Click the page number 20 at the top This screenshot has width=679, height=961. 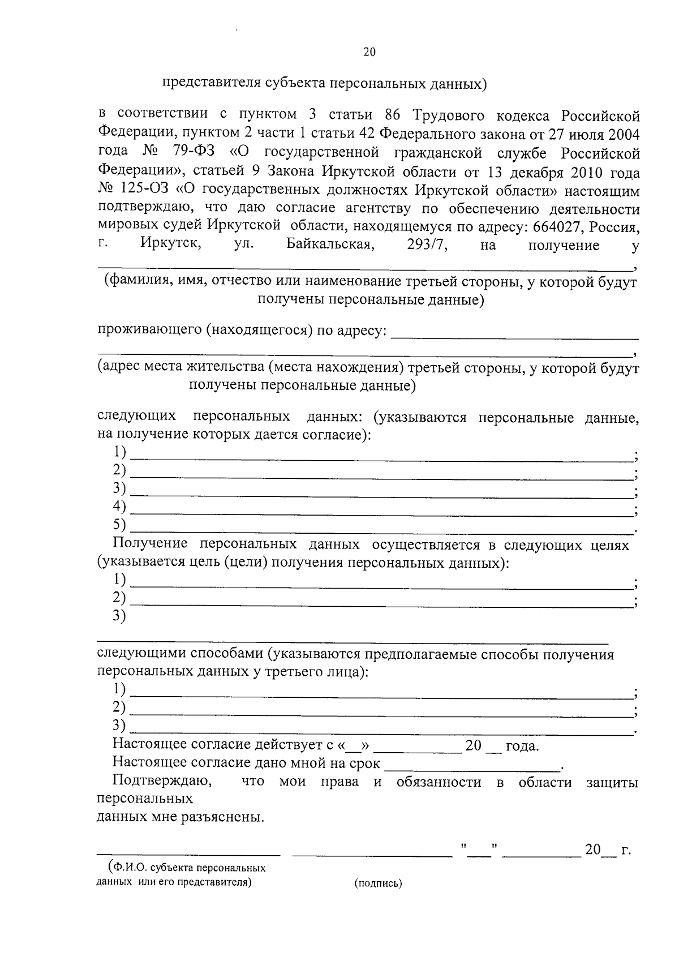coord(369,52)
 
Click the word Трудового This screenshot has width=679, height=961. coord(449,116)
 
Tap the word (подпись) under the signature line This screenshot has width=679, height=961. coord(378,883)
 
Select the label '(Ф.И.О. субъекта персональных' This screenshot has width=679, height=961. coord(186,868)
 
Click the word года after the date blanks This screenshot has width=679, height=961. coord(522,746)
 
